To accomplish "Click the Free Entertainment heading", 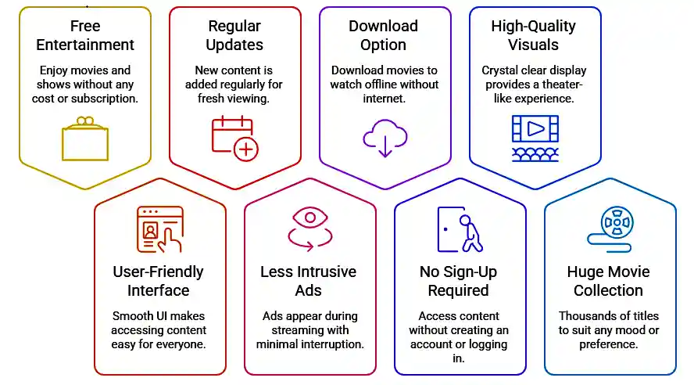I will (84, 35).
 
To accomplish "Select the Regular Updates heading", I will (234, 35).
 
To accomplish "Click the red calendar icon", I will (234, 138).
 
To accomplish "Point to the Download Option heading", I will (384, 35).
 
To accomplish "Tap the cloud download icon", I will (385, 138).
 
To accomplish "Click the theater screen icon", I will (535, 138).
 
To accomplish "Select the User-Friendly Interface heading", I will (159, 281).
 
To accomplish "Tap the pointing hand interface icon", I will (159, 228).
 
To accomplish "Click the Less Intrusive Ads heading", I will (309, 281).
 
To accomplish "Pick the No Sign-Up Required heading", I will (459, 281).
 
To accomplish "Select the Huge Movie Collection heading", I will (609, 281).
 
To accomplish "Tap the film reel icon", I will (614, 227).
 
